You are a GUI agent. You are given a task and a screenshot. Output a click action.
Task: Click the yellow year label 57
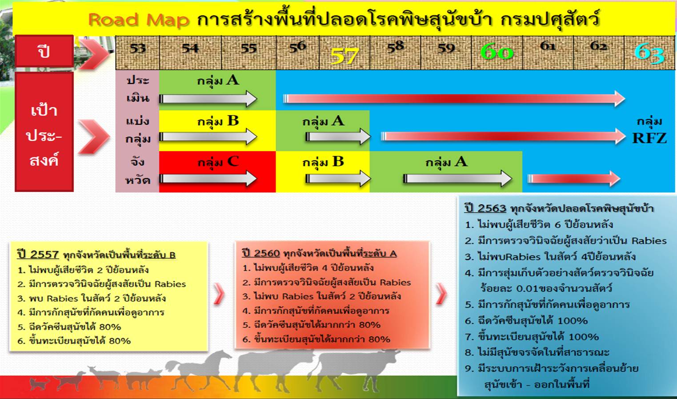[345, 56]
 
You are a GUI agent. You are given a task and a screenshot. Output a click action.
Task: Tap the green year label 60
[497, 52]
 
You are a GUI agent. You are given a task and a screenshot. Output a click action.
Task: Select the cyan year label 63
[649, 53]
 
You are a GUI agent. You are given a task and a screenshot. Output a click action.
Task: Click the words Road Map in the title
[139, 20]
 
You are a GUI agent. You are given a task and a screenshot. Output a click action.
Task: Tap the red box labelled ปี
[44, 51]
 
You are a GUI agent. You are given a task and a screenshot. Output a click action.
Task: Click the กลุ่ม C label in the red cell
[218, 162]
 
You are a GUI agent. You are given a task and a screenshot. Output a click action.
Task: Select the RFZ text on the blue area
[649, 138]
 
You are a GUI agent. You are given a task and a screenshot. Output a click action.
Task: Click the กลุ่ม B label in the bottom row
[323, 162]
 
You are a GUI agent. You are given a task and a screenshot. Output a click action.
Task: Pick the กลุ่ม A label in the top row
[218, 81]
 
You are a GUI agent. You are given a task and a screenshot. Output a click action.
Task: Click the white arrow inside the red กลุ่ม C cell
[208, 179]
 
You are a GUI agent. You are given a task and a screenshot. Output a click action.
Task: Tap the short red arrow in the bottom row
[574, 179]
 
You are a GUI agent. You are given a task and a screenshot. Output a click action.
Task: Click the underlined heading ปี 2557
[38, 254]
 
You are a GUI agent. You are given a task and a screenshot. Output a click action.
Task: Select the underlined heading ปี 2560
[261, 253]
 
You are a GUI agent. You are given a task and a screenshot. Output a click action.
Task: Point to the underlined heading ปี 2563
[485, 208]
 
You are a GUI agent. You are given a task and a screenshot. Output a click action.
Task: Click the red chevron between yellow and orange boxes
[219, 294]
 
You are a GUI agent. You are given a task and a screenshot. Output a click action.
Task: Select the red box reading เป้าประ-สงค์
[44, 132]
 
